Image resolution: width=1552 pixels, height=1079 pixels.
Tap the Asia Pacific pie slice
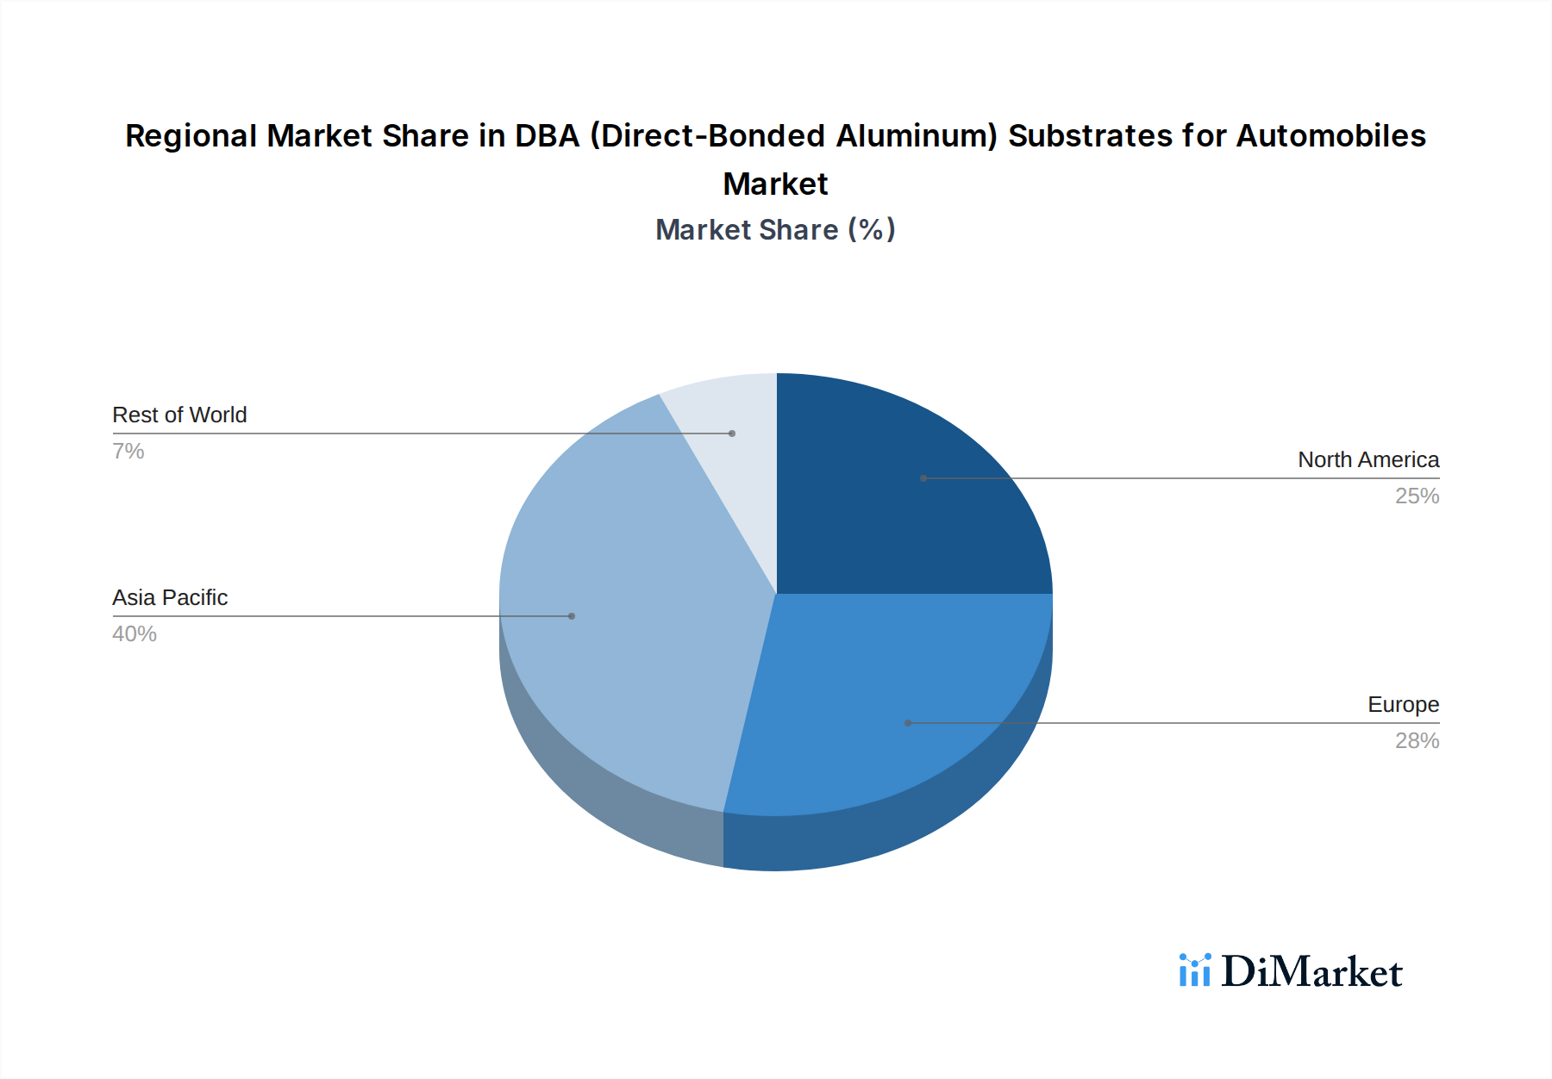(x=629, y=621)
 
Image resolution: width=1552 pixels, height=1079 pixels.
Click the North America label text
(x=1368, y=460)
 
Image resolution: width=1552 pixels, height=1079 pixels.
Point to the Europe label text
(x=1403, y=705)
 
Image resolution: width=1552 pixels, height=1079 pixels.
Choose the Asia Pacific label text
(x=170, y=598)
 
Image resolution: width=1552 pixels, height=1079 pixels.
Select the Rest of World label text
(x=179, y=415)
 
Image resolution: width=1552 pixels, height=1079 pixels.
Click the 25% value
(x=1417, y=496)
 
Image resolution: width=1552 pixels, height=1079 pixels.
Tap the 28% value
(x=1417, y=741)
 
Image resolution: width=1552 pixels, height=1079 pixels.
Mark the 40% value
(x=135, y=634)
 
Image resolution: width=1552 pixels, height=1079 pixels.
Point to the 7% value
(x=128, y=452)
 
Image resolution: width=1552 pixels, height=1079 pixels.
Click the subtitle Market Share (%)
(x=775, y=230)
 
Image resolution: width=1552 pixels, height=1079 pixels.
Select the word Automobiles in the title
(x=1330, y=136)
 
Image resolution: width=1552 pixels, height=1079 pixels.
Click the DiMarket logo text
(x=1311, y=972)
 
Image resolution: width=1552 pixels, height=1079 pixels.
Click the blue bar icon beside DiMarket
(x=1195, y=970)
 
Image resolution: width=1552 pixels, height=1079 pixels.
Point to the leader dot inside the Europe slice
(x=908, y=723)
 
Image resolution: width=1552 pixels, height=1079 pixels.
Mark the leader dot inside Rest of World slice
(x=732, y=433)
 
